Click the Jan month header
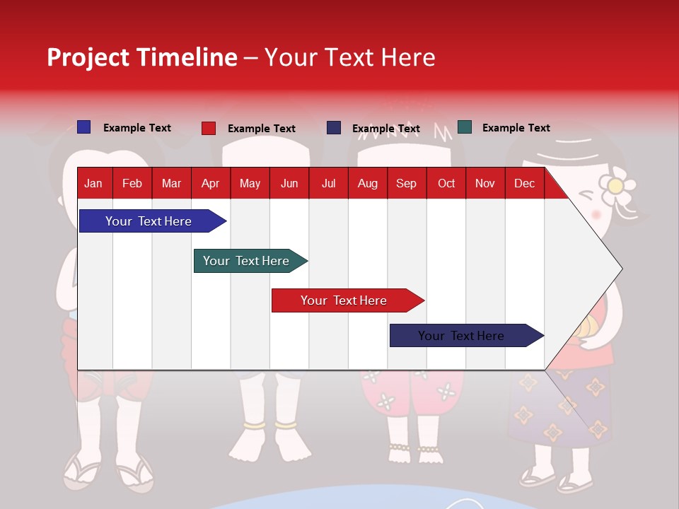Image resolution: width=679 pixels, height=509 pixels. pos(93,183)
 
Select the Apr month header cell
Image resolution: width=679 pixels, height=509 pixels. pos(210,183)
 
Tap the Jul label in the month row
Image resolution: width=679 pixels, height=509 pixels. pos(328,183)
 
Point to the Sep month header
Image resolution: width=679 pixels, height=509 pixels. pos(406,183)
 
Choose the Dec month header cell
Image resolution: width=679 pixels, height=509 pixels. pos(524,183)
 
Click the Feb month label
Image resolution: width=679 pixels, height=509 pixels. pos(132,183)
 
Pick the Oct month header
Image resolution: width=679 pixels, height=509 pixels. pos(446,183)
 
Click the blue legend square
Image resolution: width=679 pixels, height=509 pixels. pos(83,127)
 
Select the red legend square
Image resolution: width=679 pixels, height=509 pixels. pos(209,128)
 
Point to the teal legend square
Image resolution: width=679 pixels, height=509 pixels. pos(465,127)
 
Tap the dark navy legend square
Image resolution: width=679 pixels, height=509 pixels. pos(334,128)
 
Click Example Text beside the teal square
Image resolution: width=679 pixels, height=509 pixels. pos(516,128)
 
